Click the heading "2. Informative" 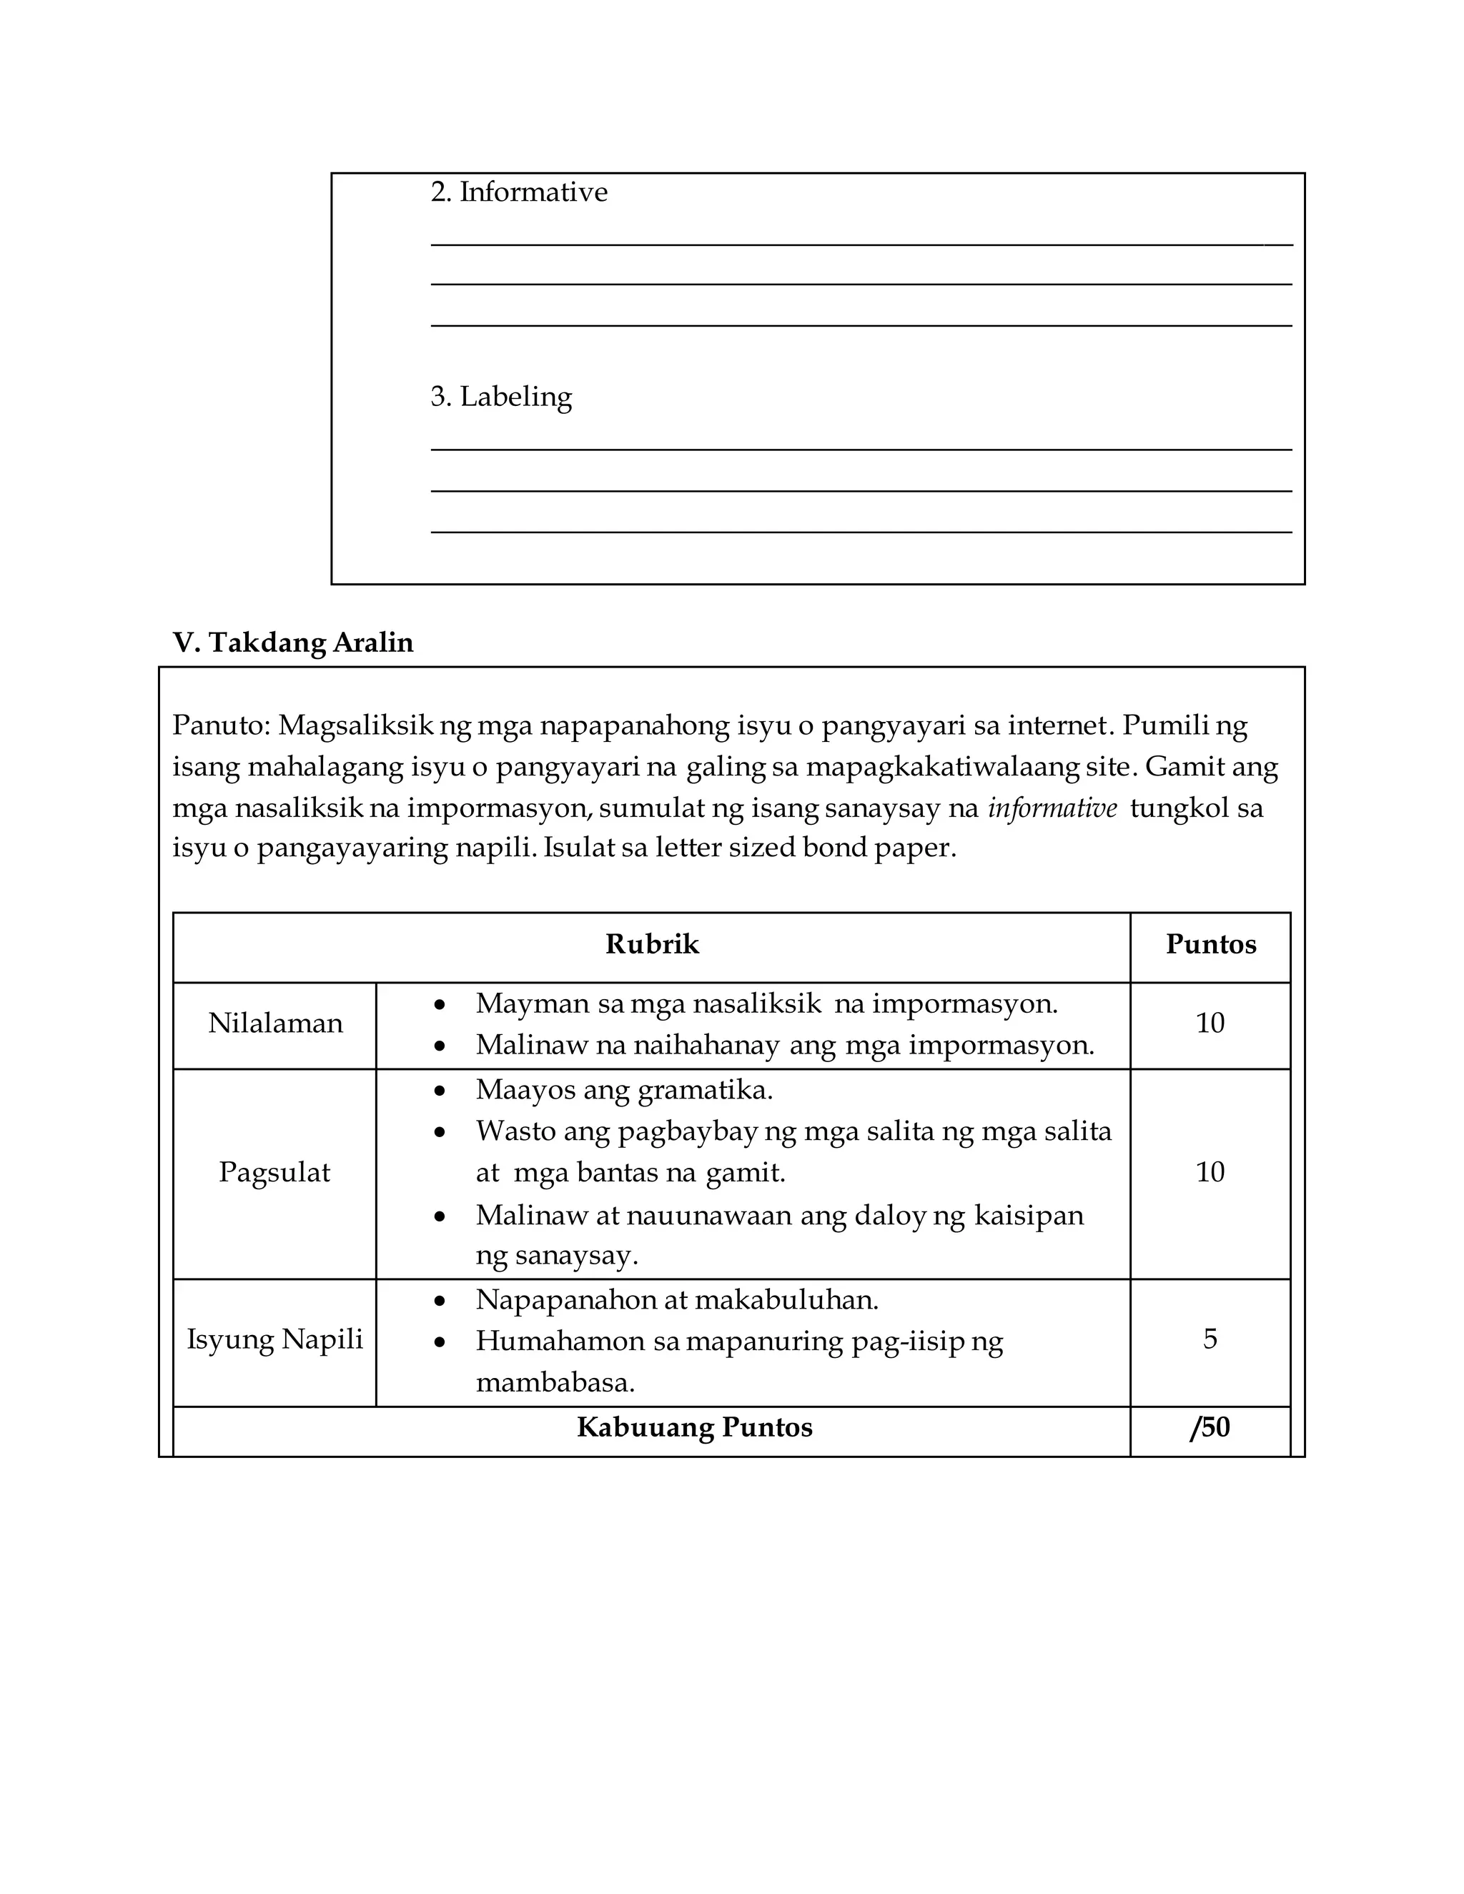coord(519,192)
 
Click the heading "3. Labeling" coord(501,397)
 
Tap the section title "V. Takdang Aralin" coord(293,643)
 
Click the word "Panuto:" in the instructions coord(221,725)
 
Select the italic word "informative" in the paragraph coord(1052,808)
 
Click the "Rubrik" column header coord(651,944)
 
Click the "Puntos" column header coord(1210,944)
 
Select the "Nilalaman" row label coord(275,1024)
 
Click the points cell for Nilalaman coord(1210,1024)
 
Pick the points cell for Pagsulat coord(1210,1172)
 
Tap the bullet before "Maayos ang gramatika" coord(440,1091)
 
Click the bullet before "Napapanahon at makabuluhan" coord(440,1301)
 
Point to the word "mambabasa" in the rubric coord(555,1382)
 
